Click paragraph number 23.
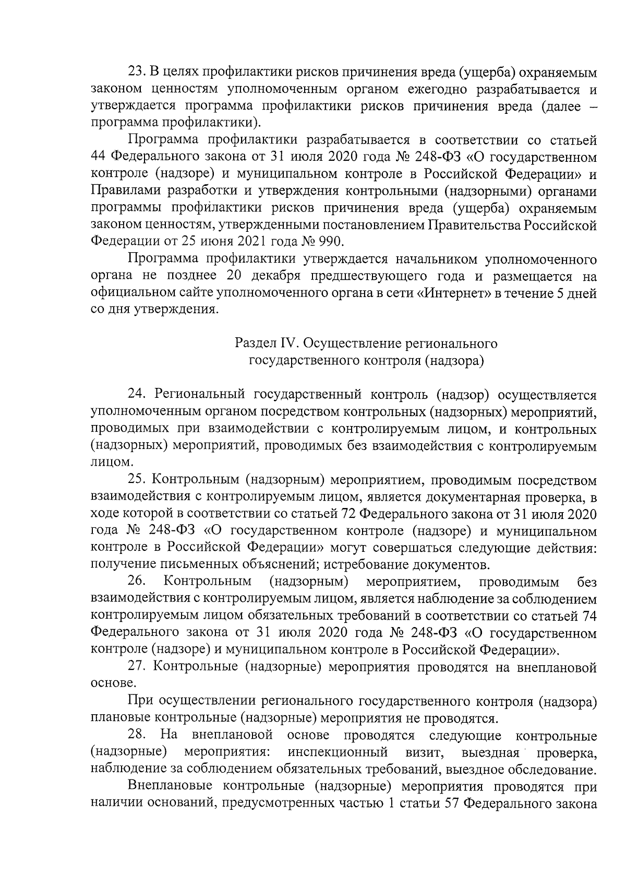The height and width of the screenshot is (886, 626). [x=136, y=73]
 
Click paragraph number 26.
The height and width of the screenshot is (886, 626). [x=137, y=582]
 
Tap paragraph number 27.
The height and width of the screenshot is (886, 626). [x=137, y=667]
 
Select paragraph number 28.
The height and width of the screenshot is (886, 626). [x=137, y=735]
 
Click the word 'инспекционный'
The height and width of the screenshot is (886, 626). [x=338, y=752]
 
